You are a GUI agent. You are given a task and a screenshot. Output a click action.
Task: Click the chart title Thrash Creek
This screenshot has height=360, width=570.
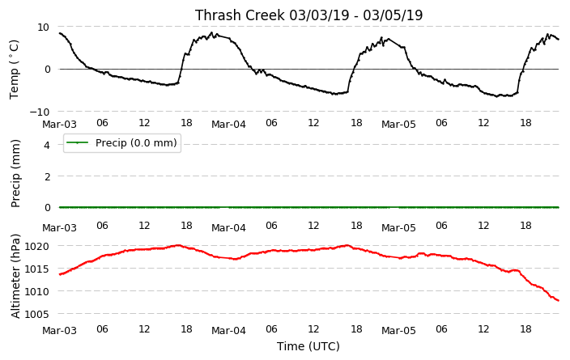click(x=240, y=15)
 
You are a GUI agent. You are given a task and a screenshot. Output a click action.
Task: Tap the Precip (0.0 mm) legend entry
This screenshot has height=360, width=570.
click(x=122, y=143)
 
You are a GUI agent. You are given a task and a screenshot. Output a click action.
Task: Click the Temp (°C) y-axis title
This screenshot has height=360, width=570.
click(x=14, y=70)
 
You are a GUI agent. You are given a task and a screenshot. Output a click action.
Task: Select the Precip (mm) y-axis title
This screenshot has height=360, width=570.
click(x=15, y=174)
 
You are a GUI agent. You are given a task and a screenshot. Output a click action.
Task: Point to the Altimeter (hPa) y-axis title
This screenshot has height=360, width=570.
click(x=15, y=276)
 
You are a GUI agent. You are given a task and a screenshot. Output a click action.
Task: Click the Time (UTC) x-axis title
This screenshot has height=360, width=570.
click(x=308, y=346)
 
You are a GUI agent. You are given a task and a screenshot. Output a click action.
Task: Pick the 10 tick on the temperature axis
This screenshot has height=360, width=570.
click(x=43, y=27)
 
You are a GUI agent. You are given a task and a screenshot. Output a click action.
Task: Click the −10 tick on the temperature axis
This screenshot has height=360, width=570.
click(x=39, y=112)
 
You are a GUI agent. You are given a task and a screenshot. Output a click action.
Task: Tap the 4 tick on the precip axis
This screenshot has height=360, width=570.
click(x=46, y=145)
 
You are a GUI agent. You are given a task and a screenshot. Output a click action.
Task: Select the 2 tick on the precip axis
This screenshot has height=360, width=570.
click(x=46, y=176)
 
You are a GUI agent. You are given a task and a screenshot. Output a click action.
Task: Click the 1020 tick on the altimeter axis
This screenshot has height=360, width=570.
click(x=36, y=247)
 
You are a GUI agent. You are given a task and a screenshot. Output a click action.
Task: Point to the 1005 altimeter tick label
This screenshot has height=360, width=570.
click(x=36, y=314)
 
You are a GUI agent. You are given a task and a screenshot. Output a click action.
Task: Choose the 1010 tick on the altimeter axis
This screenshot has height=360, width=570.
click(x=36, y=292)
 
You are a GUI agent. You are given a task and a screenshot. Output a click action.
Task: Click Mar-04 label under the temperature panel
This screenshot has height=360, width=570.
click(x=228, y=125)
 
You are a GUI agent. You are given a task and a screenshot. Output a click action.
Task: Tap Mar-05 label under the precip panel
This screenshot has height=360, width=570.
click(x=398, y=228)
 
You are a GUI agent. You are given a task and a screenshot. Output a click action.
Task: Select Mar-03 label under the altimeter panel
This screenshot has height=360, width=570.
click(x=59, y=331)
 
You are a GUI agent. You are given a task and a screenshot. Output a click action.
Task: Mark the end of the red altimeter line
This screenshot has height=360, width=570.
click(x=559, y=300)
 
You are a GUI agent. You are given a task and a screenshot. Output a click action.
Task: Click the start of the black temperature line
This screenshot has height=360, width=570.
click(x=60, y=33)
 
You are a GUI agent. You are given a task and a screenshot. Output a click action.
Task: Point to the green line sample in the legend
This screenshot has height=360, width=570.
click(x=78, y=142)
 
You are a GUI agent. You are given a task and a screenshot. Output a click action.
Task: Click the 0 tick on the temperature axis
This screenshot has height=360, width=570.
click(x=47, y=70)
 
